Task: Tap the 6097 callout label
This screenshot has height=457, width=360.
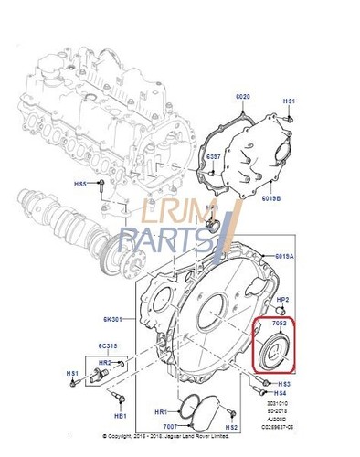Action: coord(213,157)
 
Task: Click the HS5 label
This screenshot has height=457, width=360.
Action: coord(80,184)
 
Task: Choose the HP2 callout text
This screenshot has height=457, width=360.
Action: coord(282,300)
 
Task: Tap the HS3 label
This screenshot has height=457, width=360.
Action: coord(284,383)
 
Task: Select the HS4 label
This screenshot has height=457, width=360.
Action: coord(281,393)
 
